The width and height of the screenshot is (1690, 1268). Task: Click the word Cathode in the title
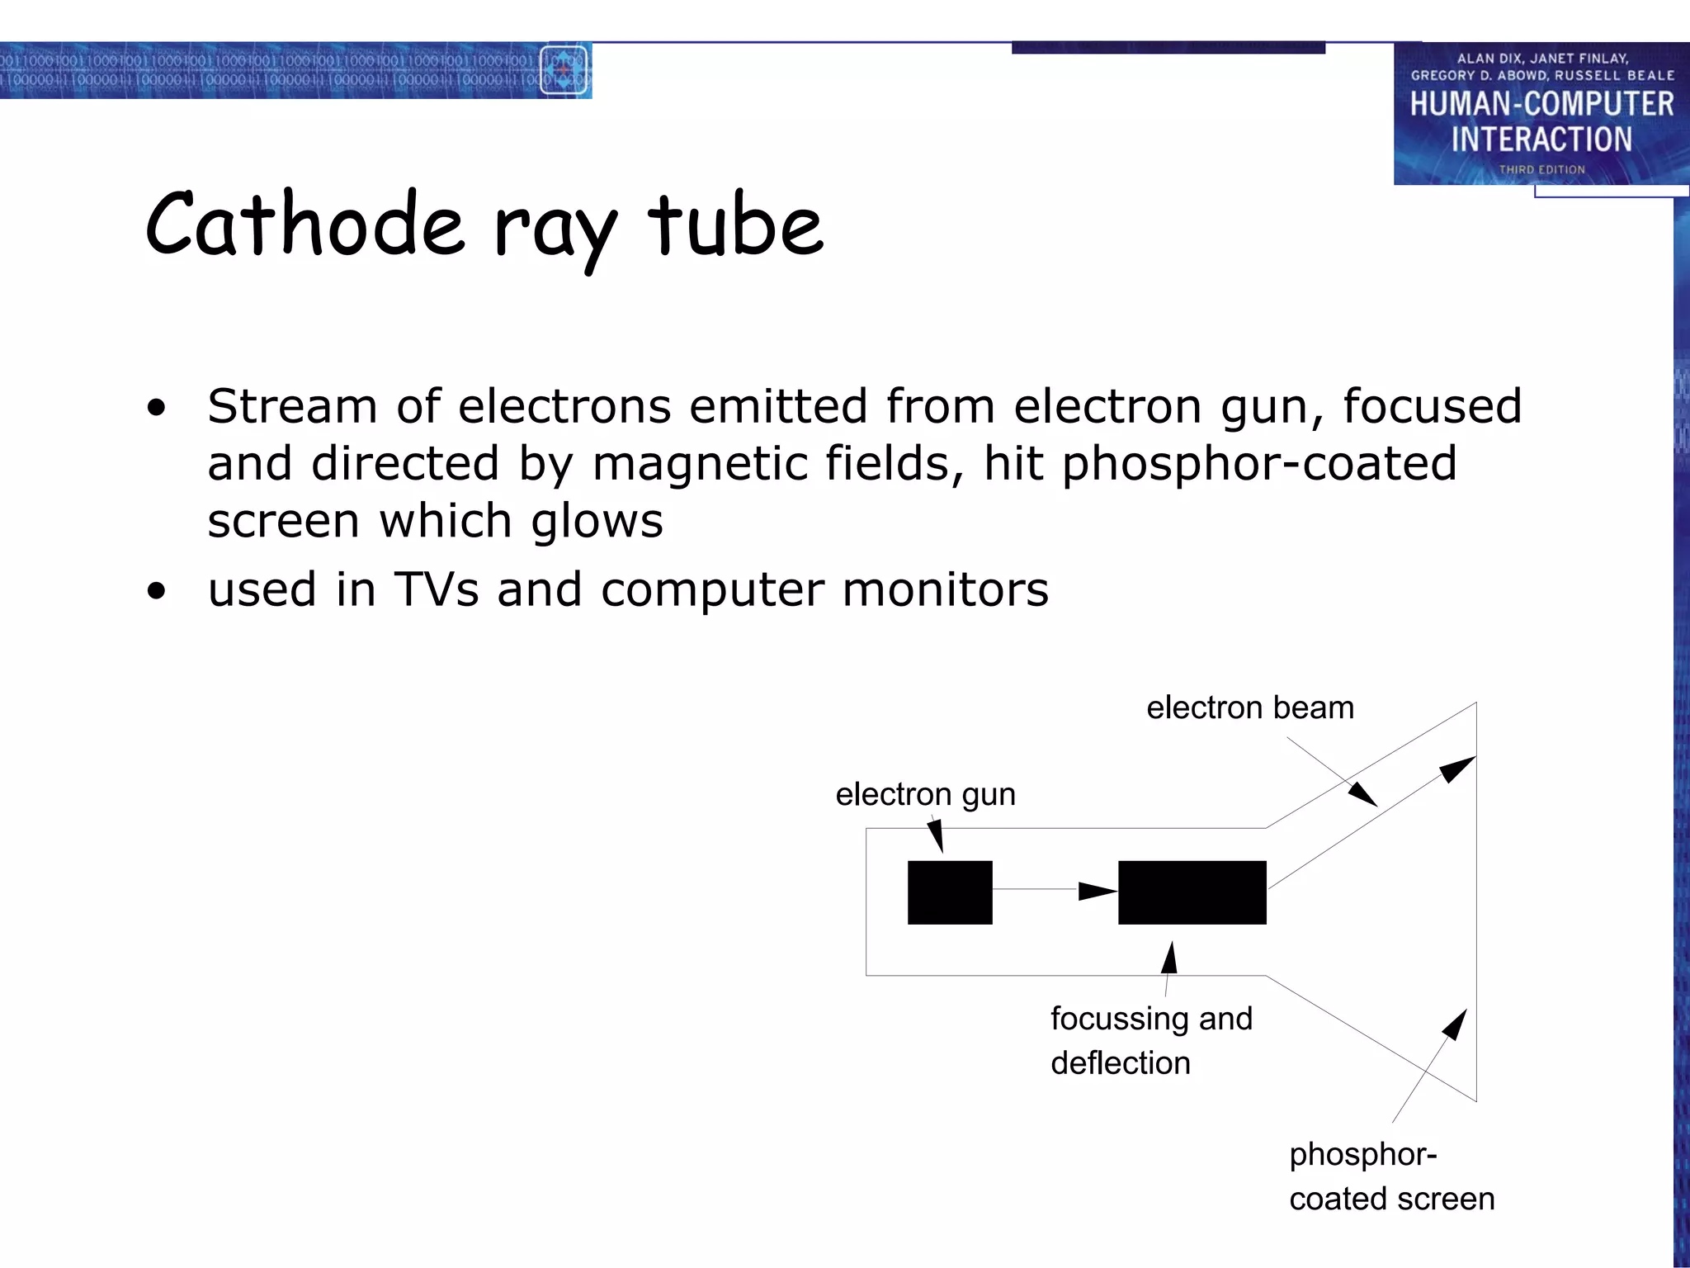[x=304, y=225]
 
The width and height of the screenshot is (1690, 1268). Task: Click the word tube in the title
[x=735, y=225]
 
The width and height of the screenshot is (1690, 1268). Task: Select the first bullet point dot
[x=156, y=408]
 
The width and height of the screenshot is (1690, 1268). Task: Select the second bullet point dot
[x=156, y=591]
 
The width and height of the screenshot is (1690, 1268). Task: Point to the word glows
[x=597, y=522]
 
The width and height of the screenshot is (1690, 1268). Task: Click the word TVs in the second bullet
[x=436, y=589]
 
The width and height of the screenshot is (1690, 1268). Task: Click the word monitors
[x=945, y=589]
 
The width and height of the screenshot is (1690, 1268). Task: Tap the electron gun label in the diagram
[x=925, y=794]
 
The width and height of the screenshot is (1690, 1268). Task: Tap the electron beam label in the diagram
[x=1249, y=707]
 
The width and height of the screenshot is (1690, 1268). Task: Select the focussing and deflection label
[x=1150, y=1040]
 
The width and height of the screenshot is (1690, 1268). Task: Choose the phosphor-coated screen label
[x=1391, y=1176]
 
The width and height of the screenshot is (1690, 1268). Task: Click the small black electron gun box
[x=950, y=892]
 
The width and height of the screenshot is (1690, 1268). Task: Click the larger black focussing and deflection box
[x=1192, y=892]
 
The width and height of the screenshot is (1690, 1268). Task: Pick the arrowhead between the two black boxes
[x=1097, y=891]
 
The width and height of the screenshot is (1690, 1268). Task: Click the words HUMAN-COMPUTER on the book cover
[x=1541, y=104]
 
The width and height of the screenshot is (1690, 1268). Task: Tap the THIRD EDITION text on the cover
[x=1541, y=169]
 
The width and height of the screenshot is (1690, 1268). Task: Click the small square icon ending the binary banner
[x=564, y=70]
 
